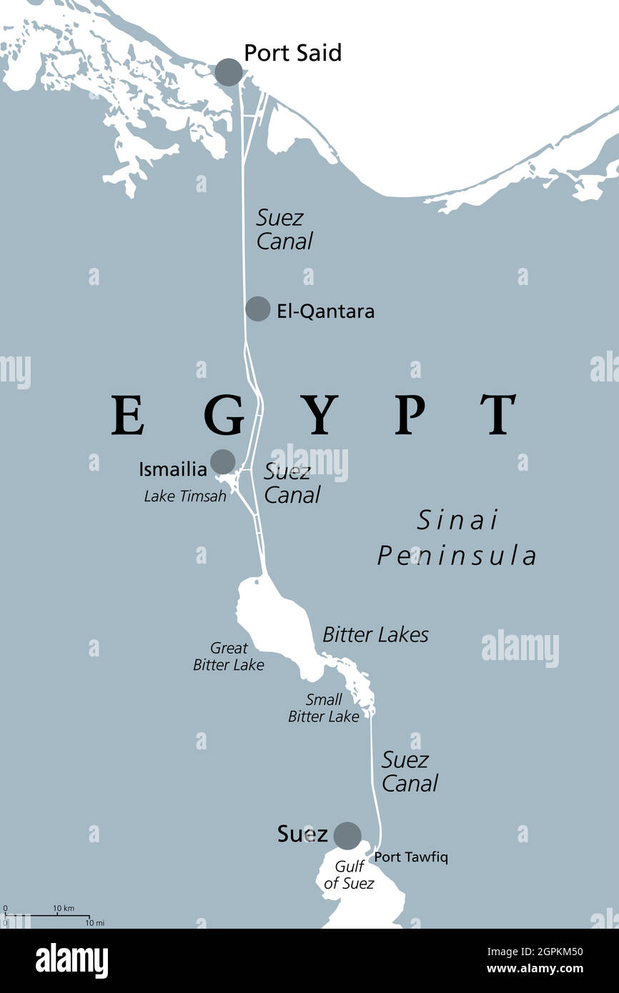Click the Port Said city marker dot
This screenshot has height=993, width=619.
229,72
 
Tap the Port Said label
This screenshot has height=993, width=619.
292,53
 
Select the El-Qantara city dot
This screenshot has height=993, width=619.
257,309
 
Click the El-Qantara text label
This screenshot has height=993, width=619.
325,311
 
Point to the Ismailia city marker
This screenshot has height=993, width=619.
222,461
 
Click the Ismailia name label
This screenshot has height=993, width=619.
173,469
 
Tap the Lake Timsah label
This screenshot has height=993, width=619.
185,496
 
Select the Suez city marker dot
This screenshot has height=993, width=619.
347,834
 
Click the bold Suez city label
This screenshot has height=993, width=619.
302,834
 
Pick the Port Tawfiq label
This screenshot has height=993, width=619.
411,857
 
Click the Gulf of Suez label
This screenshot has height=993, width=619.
349,875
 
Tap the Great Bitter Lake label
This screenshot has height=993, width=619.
228,657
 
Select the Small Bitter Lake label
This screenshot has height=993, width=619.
323,708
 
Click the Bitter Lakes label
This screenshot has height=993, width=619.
375,634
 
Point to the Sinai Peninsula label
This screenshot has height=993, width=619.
457,537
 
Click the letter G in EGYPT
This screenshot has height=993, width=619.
224,415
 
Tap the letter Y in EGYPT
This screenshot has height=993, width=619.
319,415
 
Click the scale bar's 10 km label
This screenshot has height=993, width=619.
64,908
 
